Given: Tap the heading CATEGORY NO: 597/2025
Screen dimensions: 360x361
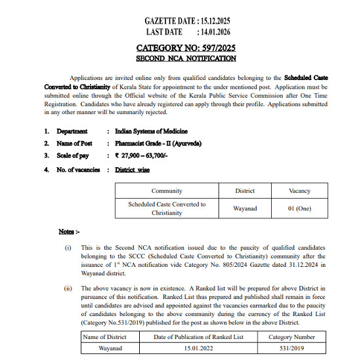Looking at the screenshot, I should point(186,48).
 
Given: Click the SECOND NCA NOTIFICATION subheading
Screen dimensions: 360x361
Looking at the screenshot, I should point(186,58).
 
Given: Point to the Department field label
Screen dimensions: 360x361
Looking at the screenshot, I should point(73,131).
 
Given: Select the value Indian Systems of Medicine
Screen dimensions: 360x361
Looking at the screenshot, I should point(151,131).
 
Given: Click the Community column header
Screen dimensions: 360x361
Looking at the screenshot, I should point(167,191).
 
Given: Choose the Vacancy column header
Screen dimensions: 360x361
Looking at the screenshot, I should point(299,191).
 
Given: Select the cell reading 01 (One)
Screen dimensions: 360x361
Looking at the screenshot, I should point(299,209).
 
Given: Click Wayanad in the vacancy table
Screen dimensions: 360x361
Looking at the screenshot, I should point(245,209).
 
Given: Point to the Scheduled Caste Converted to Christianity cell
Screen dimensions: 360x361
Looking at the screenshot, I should point(167,209).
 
